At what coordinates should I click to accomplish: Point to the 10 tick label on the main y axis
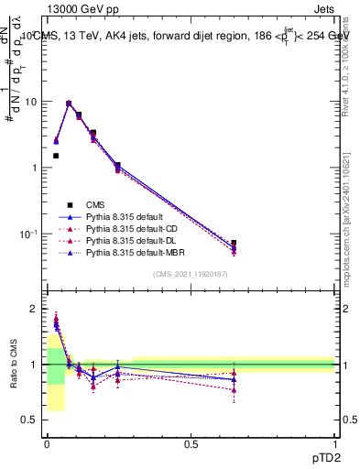pyautogui.click(x=30, y=102)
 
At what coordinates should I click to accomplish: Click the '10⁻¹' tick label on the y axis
pyautogui.click(x=28, y=234)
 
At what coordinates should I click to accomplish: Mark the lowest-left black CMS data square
pyautogui.click(x=56, y=156)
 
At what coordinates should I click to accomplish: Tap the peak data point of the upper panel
pyautogui.click(x=69, y=104)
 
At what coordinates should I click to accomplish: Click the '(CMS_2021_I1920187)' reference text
pyautogui.click(x=191, y=275)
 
